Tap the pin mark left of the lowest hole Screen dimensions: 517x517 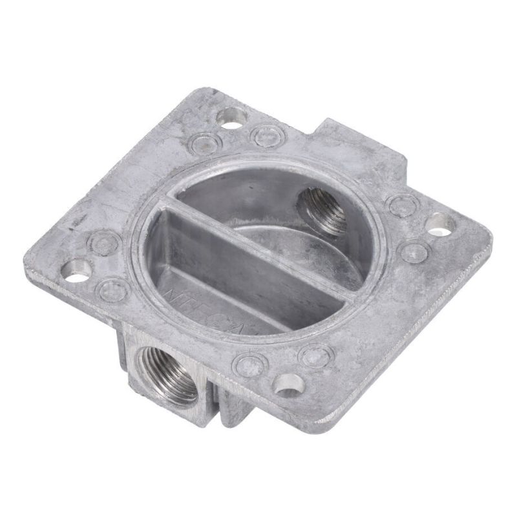(248, 364)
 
